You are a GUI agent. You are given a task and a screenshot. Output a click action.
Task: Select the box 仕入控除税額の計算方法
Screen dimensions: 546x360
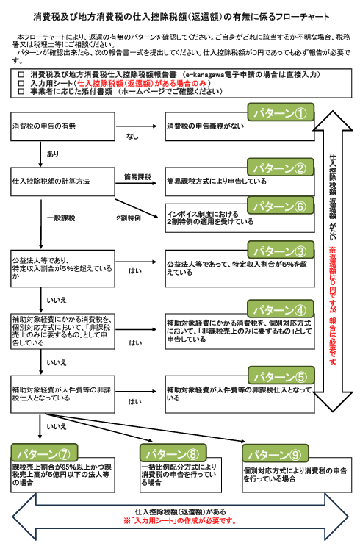[62, 180]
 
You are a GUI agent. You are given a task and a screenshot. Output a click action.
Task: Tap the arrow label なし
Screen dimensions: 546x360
[132, 137]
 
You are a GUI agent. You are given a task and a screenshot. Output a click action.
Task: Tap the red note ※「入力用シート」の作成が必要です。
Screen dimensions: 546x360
[180, 521]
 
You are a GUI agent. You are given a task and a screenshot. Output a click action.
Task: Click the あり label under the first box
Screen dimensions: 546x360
[53, 154]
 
